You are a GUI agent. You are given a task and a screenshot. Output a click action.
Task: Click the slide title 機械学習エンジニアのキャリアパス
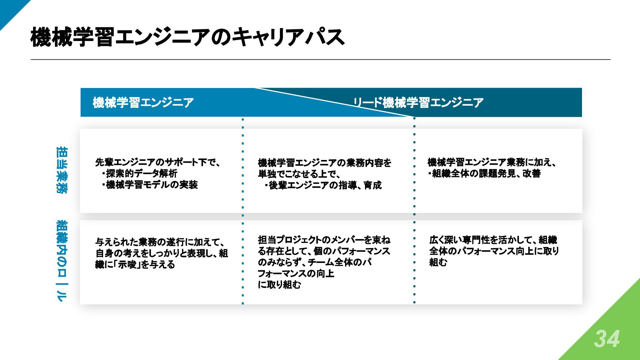point(187,37)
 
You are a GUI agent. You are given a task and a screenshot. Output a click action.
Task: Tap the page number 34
point(607,339)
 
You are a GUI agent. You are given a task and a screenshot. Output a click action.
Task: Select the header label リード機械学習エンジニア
point(418,102)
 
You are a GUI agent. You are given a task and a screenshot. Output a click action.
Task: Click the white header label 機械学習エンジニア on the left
point(143,102)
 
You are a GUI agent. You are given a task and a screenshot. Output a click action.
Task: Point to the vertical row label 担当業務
point(62,170)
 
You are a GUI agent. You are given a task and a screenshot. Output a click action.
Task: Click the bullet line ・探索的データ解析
point(140,173)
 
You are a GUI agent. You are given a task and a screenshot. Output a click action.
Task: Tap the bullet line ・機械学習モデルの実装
point(150,185)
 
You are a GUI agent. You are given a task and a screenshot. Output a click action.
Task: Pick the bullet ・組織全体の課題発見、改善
point(484,174)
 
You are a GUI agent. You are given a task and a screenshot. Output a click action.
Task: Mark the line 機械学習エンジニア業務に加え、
point(492,162)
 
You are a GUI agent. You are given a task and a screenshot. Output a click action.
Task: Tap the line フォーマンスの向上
point(296,274)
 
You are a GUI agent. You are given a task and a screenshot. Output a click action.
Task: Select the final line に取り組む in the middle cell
point(279,285)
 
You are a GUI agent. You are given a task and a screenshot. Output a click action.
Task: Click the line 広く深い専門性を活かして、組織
point(493,240)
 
